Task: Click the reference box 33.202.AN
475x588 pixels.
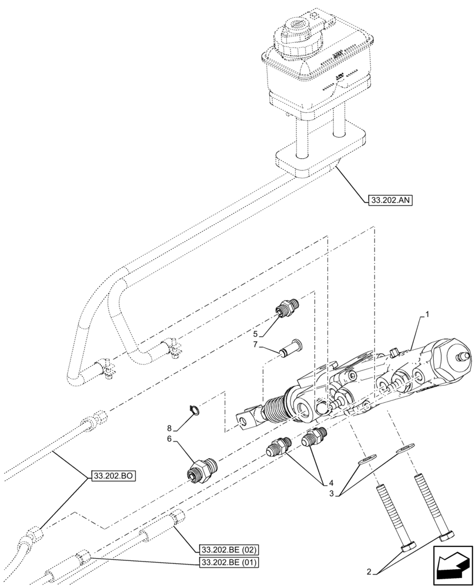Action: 390,201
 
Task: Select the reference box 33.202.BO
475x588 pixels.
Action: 113,476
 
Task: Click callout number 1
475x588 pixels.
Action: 427,314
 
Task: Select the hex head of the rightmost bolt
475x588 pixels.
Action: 446,536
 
